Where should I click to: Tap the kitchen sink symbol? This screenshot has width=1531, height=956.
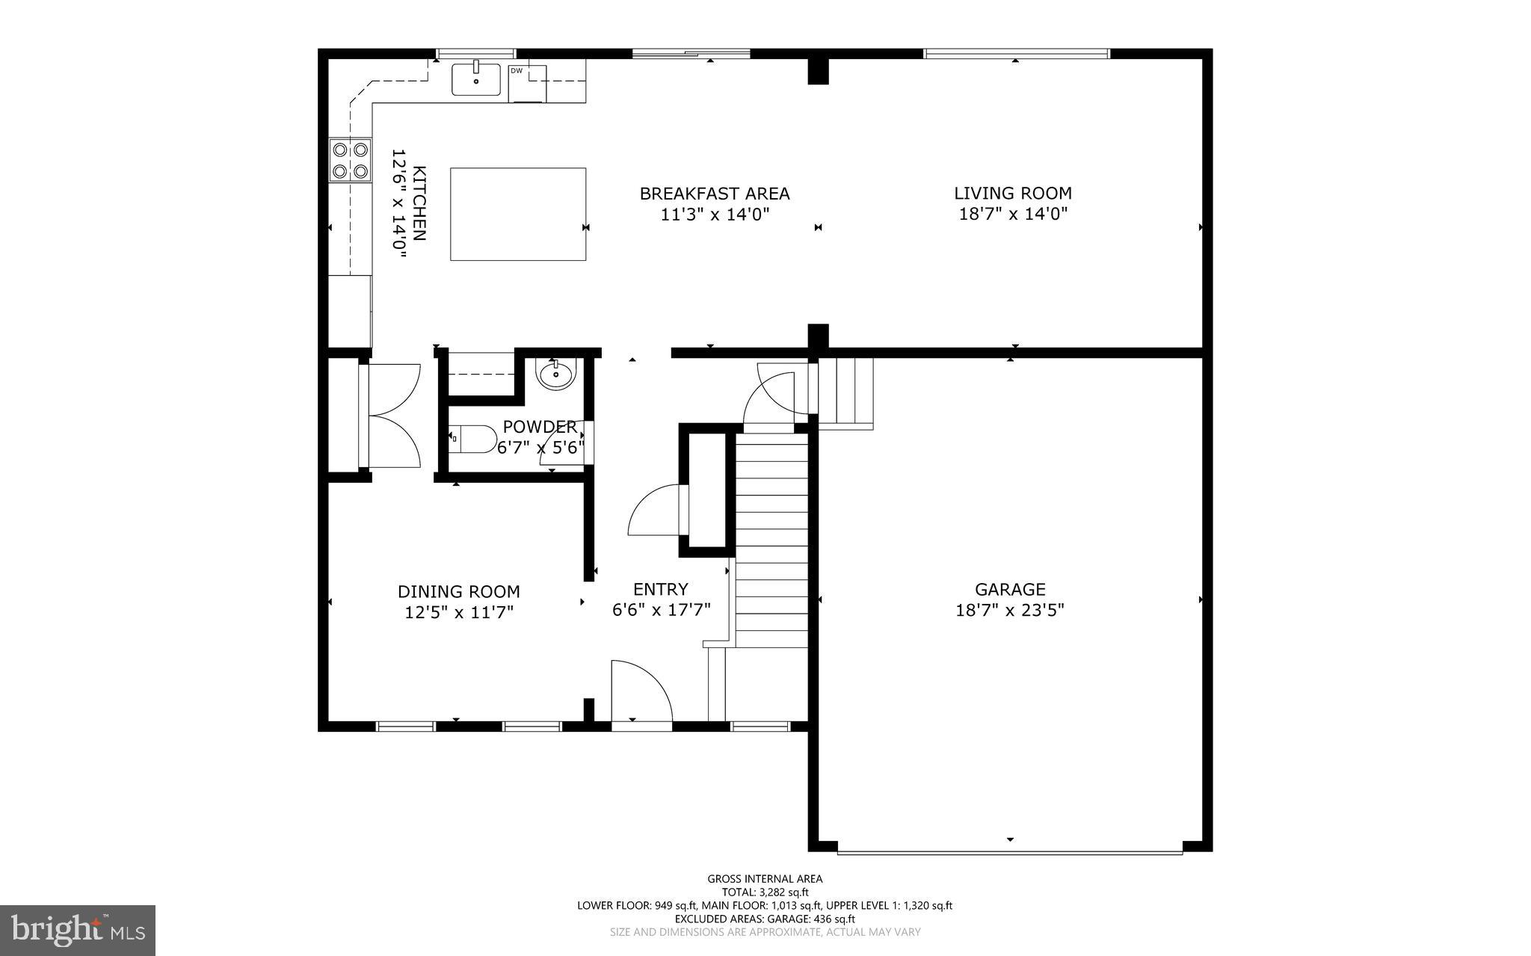(x=475, y=80)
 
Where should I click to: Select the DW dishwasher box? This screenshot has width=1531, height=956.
(x=527, y=83)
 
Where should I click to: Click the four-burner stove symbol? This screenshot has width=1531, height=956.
(x=350, y=161)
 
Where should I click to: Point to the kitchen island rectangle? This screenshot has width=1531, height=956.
(x=517, y=214)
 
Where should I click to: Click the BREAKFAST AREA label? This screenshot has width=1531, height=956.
(x=714, y=194)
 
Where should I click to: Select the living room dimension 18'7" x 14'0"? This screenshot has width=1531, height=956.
(x=1012, y=214)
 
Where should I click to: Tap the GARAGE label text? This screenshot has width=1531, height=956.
(x=1009, y=590)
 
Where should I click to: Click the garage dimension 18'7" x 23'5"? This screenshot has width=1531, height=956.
(x=1009, y=610)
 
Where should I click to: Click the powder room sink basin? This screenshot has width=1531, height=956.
(x=555, y=374)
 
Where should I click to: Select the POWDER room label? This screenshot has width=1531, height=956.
(x=539, y=427)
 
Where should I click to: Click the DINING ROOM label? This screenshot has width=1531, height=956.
(x=458, y=592)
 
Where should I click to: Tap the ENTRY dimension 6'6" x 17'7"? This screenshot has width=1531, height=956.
(x=661, y=610)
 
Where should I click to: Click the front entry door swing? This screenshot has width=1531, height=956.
(x=640, y=691)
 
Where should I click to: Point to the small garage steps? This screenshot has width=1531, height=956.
(x=845, y=392)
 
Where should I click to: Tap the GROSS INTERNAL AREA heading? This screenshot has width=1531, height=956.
(x=765, y=879)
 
